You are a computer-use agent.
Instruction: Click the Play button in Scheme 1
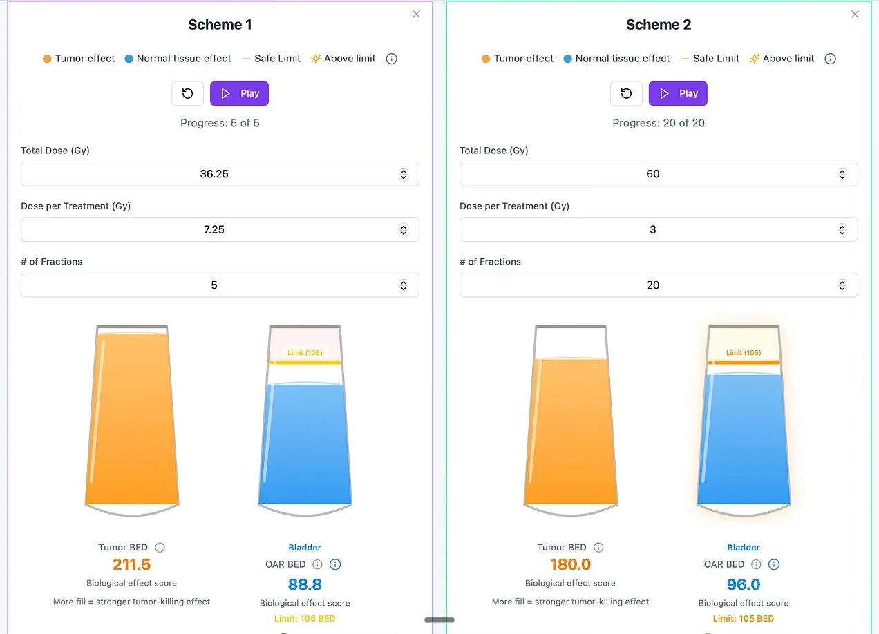(x=239, y=93)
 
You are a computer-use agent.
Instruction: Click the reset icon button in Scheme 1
(x=187, y=93)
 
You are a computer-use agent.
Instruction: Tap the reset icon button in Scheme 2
(x=626, y=93)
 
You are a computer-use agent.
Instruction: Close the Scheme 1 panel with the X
(x=416, y=14)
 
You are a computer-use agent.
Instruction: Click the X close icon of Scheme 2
(x=855, y=14)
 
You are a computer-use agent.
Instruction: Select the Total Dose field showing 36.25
(x=214, y=174)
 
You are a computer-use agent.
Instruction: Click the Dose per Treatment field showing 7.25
(x=214, y=229)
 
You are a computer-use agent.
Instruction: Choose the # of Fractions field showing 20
(x=652, y=285)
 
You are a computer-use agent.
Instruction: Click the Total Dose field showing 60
(x=652, y=174)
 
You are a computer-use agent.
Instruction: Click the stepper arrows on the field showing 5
(x=404, y=285)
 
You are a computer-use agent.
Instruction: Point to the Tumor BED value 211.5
(x=131, y=564)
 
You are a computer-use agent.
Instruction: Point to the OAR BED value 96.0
(x=744, y=584)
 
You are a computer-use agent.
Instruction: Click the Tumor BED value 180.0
(x=570, y=564)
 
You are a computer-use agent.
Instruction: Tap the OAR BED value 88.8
(x=305, y=584)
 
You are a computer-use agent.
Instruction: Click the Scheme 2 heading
(x=658, y=25)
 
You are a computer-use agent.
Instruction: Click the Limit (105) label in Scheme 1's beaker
(x=305, y=353)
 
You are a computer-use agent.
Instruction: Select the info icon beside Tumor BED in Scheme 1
(x=160, y=548)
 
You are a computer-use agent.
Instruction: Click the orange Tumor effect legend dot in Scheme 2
(x=486, y=59)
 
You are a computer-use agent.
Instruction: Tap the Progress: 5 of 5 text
(x=220, y=123)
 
